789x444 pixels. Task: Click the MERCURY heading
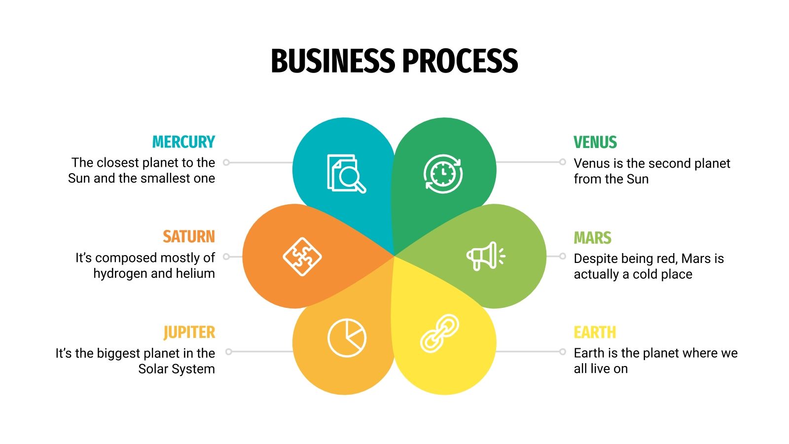coord(183,142)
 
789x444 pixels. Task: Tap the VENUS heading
coord(595,143)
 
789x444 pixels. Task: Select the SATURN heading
coord(189,237)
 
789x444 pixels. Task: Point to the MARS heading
coord(592,238)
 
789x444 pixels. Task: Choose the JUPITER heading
coord(189,333)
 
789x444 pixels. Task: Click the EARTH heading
coord(595,333)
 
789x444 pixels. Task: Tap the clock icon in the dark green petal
coord(443,174)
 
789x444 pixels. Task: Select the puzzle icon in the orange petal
coord(302,257)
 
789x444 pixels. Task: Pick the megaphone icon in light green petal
coord(486,256)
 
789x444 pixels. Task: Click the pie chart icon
coord(347,338)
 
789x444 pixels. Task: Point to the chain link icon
coord(439,333)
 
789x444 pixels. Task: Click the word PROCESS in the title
coord(460,61)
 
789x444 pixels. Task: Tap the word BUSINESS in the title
coord(333,61)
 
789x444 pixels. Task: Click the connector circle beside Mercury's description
coord(226,162)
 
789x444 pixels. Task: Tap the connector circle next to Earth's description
coord(563,352)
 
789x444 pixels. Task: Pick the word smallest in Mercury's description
coord(166,178)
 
